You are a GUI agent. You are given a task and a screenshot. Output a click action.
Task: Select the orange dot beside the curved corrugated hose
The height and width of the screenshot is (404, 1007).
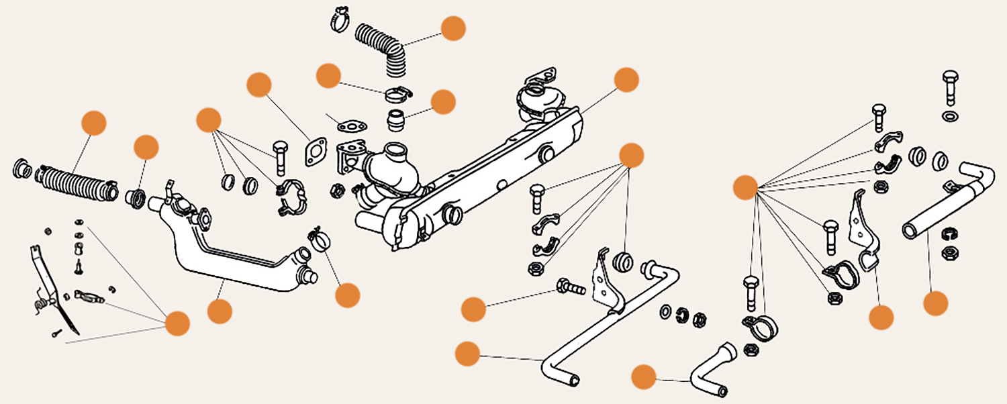pos(454,29)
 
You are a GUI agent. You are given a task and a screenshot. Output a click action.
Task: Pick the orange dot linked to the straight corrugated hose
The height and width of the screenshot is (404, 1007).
pos(93,124)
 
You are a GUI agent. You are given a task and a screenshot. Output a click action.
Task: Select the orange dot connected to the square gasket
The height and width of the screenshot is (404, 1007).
pos(259,85)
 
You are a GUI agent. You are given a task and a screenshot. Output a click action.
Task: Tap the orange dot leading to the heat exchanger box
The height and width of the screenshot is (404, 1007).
pos(626,79)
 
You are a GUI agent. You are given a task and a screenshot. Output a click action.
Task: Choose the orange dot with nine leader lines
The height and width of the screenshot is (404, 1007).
pos(745,188)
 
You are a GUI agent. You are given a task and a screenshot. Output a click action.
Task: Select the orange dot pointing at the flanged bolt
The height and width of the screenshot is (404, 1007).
pos(474,309)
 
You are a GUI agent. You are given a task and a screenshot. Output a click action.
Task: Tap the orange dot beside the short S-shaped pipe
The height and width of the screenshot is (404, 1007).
pos(644,376)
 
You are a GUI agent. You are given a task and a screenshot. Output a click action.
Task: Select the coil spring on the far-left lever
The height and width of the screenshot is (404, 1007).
pos(41,304)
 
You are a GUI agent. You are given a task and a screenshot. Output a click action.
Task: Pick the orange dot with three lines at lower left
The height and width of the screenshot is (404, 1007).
pos(178,323)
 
